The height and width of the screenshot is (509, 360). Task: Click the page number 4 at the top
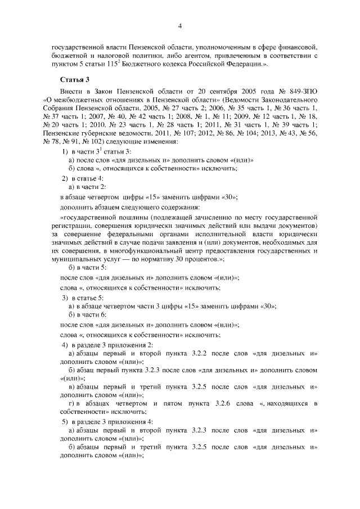(180, 25)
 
